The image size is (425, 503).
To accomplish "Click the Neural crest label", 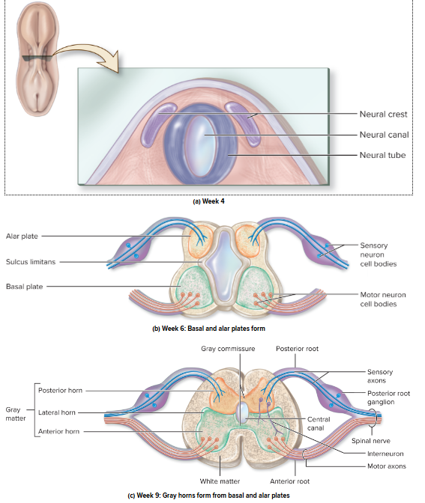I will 383,115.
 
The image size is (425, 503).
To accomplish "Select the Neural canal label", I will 383,135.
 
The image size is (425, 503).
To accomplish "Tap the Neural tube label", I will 382,156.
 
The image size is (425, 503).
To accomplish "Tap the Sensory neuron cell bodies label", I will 379,254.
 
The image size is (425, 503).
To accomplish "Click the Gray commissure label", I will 228,350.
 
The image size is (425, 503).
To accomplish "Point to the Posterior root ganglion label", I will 388,397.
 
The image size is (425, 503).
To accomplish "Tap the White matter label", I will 220,481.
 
